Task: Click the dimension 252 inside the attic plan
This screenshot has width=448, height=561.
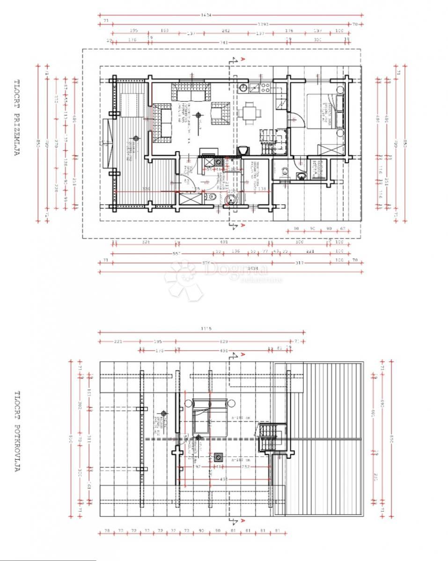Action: coord(245,467)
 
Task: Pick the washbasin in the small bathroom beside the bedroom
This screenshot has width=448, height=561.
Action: coord(301,176)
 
